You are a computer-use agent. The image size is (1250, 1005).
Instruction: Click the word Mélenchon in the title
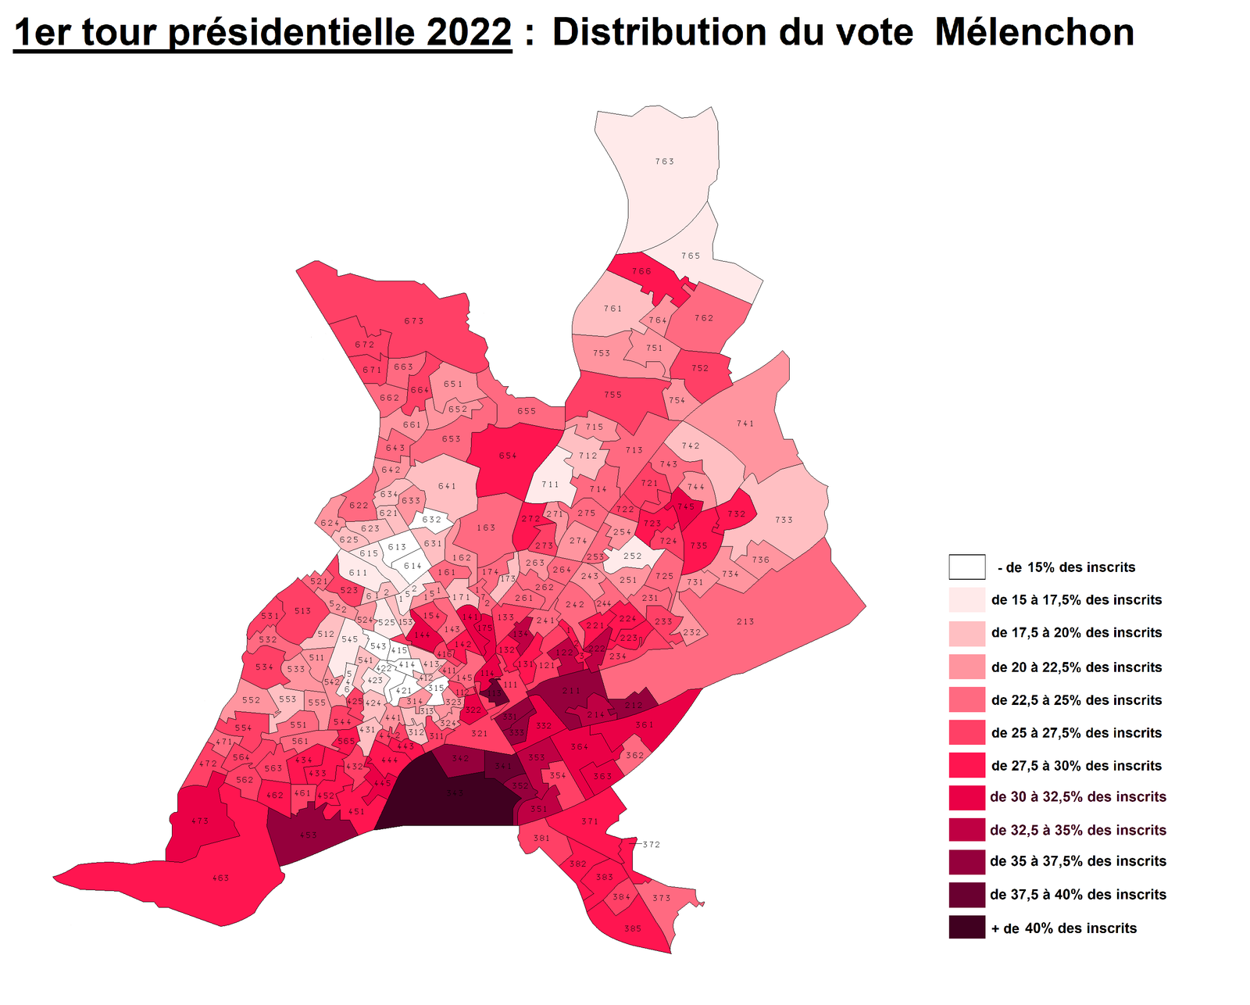tap(1034, 33)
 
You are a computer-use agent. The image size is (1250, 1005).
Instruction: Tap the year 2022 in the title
tap(470, 33)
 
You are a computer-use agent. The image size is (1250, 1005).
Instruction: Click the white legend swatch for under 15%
tap(966, 567)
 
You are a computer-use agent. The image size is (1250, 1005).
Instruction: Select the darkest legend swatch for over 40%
tap(966, 928)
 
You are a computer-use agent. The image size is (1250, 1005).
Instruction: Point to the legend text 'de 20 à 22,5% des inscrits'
tap(1076, 667)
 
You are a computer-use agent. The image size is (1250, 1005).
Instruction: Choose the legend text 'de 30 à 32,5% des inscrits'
tap(1077, 796)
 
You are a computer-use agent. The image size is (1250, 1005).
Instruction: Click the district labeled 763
tap(664, 162)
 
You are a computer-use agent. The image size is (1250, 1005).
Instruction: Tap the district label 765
tap(691, 256)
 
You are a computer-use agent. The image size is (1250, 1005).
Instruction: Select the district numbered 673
tap(414, 321)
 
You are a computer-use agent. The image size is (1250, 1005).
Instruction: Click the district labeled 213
tap(745, 621)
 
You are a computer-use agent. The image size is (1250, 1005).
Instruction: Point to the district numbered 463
tap(221, 878)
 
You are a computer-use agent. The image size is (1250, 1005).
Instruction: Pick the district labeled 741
tap(745, 424)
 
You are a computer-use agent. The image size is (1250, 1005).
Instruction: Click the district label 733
tap(784, 520)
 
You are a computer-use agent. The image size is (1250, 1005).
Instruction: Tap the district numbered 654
tap(508, 456)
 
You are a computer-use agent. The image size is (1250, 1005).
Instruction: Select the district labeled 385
tap(633, 928)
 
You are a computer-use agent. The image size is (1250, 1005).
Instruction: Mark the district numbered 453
tap(309, 835)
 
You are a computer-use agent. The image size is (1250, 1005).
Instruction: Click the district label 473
tap(200, 821)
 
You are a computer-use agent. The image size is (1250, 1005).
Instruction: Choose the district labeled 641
tap(447, 486)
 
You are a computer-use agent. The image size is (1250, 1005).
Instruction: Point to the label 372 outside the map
tap(652, 844)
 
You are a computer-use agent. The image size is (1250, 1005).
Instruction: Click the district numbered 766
tap(641, 271)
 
